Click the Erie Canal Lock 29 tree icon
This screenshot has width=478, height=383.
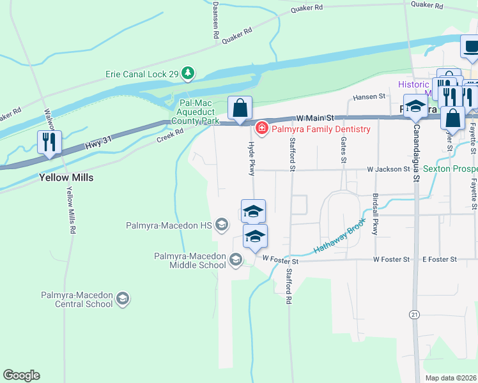188,74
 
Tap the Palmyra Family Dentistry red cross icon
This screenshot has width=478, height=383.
261,129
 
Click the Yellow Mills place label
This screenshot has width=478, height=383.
66,177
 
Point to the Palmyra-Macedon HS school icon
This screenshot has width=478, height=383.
222,224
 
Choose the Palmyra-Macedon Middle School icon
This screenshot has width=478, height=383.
236,259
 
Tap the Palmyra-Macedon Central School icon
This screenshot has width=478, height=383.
123,298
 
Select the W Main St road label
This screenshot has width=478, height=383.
316,118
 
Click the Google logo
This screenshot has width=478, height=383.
21,375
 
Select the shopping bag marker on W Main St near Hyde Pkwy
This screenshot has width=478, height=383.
240,109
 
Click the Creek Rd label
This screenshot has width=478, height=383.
170,134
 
